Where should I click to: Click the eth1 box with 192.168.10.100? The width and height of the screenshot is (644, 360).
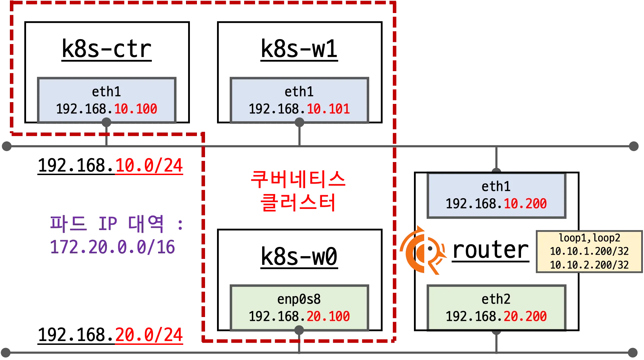click(106, 100)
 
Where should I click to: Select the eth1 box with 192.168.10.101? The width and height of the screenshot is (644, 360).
click(299, 100)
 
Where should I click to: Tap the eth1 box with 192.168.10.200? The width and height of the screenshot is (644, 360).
click(496, 195)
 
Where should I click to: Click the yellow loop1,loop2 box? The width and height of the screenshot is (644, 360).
click(589, 252)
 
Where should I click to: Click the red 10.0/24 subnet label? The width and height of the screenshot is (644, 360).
click(149, 166)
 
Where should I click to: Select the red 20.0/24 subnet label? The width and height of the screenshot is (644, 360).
click(149, 335)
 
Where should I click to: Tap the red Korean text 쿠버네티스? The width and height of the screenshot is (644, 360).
click(298, 179)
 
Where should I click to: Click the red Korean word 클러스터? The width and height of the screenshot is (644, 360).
click(298, 203)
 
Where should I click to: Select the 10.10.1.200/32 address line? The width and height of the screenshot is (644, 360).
click(589, 251)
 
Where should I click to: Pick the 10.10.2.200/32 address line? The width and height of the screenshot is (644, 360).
click(589, 265)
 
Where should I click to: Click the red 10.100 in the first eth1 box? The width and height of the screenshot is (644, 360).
click(136, 109)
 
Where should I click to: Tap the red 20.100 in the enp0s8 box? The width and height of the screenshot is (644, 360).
click(328, 316)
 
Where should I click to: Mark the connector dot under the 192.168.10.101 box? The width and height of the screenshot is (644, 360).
click(299, 123)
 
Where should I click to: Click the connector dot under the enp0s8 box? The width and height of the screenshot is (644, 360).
click(299, 330)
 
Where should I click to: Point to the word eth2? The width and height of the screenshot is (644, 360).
click(496, 299)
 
